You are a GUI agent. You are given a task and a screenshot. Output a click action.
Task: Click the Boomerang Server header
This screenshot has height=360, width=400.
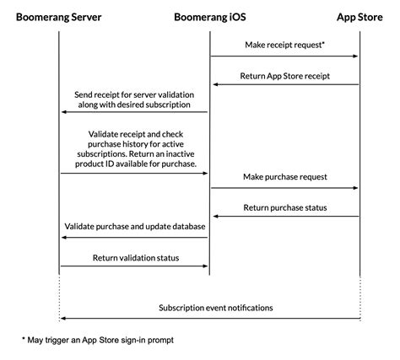coord(59,16)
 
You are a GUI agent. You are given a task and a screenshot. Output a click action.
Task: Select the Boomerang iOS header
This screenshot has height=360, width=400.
coord(209,16)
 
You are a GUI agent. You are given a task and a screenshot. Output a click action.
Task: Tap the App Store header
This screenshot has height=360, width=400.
coord(359,16)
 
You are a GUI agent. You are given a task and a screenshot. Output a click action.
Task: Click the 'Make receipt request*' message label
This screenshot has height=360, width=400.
coord(284,45)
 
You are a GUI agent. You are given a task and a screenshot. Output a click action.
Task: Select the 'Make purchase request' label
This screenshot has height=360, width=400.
coord(284,177)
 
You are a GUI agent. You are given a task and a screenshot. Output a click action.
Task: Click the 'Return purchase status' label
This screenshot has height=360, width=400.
coord(284,206)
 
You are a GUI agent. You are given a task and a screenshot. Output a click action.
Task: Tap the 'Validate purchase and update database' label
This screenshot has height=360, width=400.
coord(135,226)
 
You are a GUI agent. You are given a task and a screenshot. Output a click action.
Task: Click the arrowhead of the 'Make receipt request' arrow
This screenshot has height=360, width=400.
coord(355,56)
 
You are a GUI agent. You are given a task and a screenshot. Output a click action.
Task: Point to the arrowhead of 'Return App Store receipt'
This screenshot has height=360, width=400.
coord(214,83)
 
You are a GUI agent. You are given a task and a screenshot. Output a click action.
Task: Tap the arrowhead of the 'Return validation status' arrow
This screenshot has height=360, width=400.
coord(205,266)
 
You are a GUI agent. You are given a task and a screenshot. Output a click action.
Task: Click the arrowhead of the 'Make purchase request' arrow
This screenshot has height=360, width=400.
coord(355,188)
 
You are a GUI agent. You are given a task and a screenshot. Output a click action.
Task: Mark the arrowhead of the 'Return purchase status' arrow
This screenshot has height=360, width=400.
coord(214,217)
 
